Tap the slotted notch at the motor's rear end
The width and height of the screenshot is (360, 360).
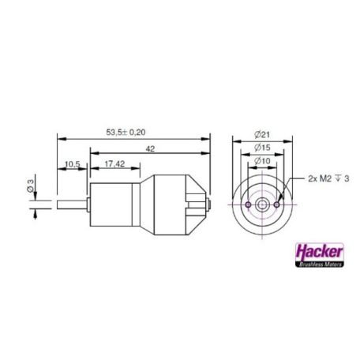(x=194, y=204)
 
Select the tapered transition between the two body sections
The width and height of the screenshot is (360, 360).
(x=144, y=204)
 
